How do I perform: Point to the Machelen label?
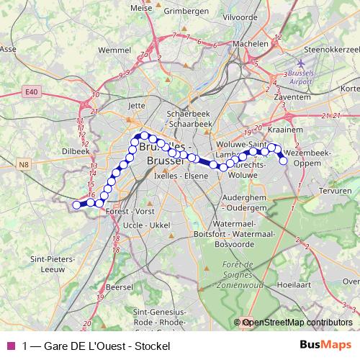[250, 42]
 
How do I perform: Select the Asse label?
[9, 49]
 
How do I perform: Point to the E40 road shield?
[29, 92]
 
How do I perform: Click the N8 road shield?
[24, 165]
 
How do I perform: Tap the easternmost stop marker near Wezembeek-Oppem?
[284, 161]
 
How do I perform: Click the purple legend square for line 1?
[10, 346]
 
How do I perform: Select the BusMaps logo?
[325, 345]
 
